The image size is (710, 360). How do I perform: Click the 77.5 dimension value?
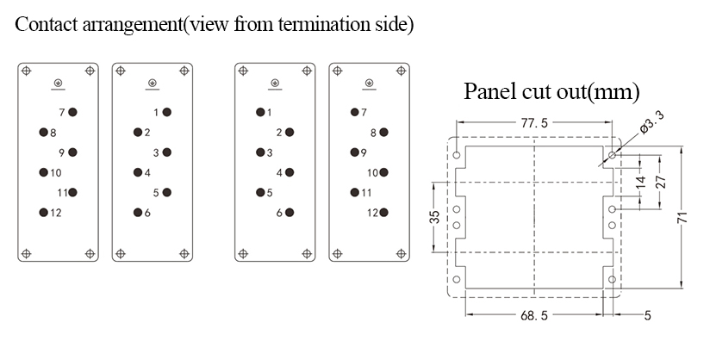[534, 122]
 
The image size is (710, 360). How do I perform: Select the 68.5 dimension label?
[534, 315]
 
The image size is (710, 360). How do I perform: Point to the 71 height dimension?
[683, 217]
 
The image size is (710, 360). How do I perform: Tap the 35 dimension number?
[434, 217]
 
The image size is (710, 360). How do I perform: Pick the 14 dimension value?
[640, 183]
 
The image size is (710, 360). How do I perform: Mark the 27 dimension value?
[661, 182]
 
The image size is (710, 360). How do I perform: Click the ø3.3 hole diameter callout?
[652, 122]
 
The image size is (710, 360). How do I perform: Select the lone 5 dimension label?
[647, 315]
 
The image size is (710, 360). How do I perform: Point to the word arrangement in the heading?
[132, 25]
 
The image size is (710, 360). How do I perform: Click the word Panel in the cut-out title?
[490, 91]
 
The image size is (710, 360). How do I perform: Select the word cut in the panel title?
[538, 92]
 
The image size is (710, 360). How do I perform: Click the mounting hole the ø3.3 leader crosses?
[612, 155]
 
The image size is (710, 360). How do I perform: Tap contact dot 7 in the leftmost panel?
[72, 112]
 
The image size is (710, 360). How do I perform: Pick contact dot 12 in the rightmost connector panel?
[384, 213]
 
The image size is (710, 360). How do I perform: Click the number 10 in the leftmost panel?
[56, 172]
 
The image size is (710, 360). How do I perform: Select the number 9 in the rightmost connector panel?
[364, 152]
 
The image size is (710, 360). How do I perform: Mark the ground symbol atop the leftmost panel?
[58, 84]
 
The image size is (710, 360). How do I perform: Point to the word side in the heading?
[392, 24]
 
